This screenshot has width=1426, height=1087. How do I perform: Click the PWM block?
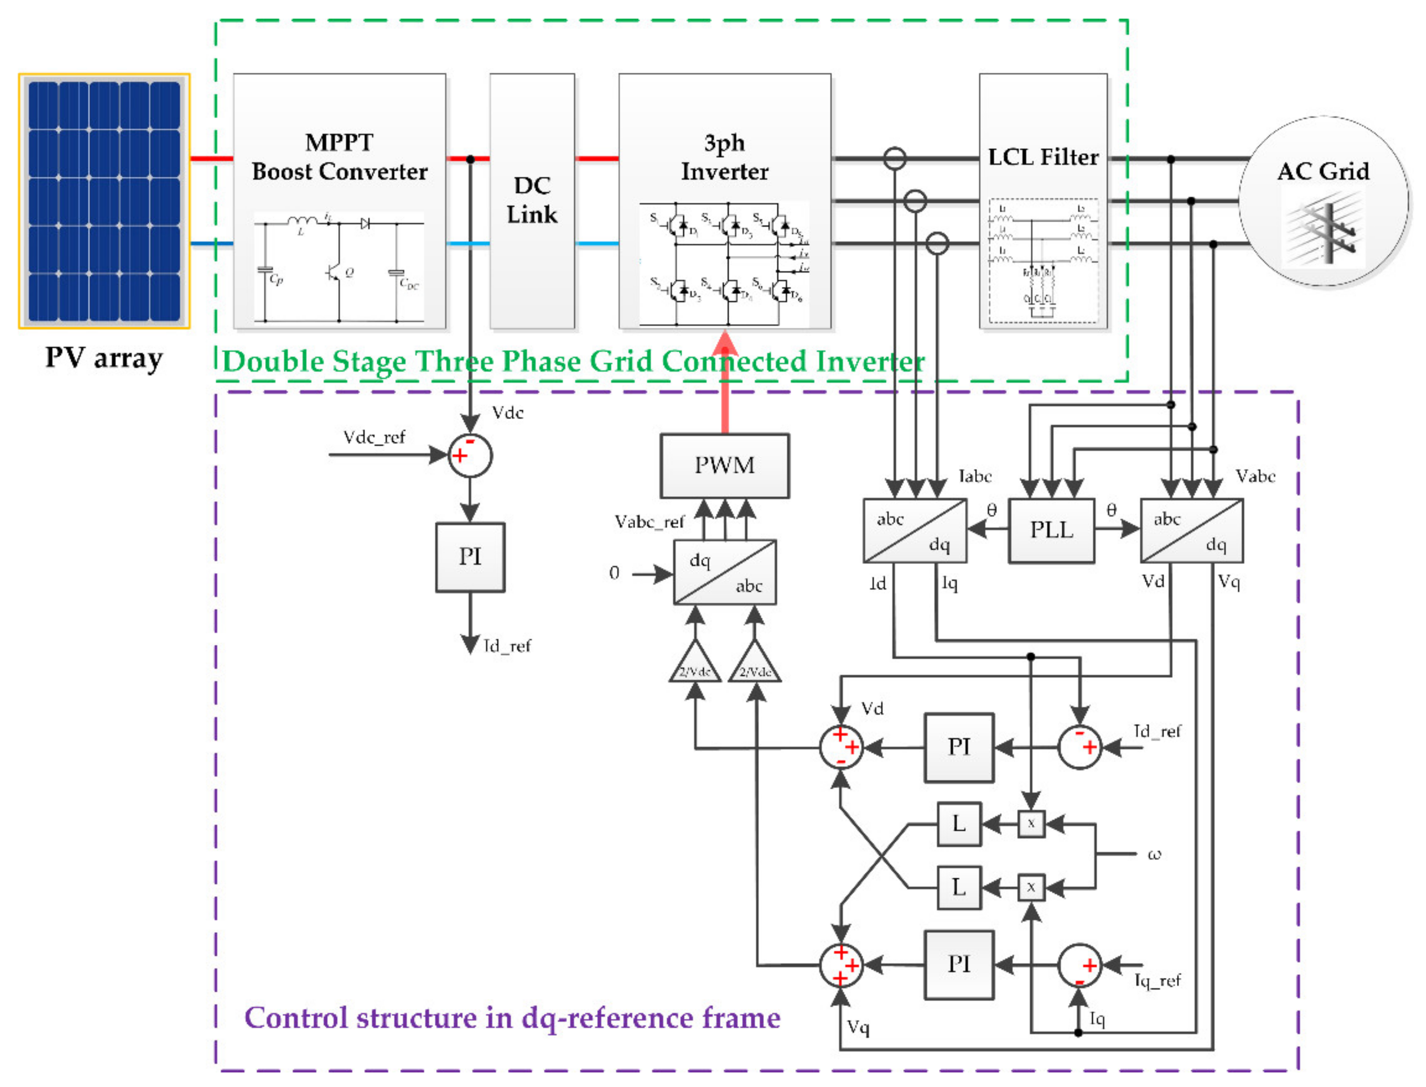point(724,466)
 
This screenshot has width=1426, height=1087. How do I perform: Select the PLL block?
point(1051,530)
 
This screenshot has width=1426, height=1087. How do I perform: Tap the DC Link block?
point(532,200)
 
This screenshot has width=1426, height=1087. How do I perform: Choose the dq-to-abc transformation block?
point(724,573)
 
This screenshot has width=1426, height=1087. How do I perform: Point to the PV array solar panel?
point(104,200)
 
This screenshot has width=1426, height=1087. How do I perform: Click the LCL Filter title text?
point(1043,157)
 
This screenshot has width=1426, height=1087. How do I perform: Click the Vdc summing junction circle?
point(470,455)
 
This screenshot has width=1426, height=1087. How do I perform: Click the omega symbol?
point(1154,855)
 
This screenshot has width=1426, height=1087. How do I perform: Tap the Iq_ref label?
point(1157,981)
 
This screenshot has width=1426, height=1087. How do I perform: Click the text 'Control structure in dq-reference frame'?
point(512,1018)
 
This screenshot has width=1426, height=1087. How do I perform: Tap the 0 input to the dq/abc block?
point(613,573)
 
